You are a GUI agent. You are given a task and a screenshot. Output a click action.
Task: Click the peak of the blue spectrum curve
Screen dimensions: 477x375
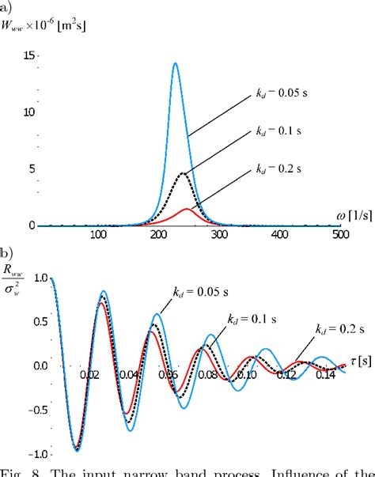[175, 63]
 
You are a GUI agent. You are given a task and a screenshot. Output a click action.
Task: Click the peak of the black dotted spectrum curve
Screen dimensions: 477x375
[184, 172]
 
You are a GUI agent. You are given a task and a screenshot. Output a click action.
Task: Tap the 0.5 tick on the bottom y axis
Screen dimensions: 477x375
[32, 323]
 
